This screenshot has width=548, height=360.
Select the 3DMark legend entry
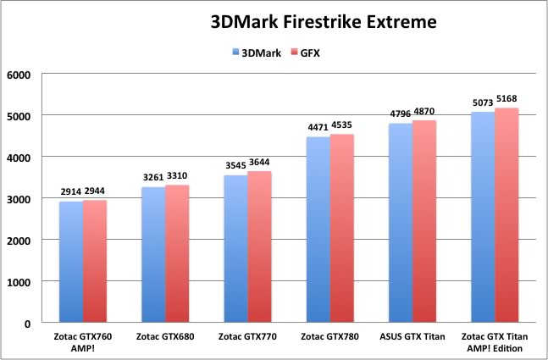255,53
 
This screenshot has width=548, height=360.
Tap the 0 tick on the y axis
27,323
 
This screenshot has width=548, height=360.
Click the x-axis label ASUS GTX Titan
412,336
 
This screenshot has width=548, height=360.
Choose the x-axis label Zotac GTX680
164,336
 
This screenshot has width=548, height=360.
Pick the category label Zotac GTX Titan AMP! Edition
495,341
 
